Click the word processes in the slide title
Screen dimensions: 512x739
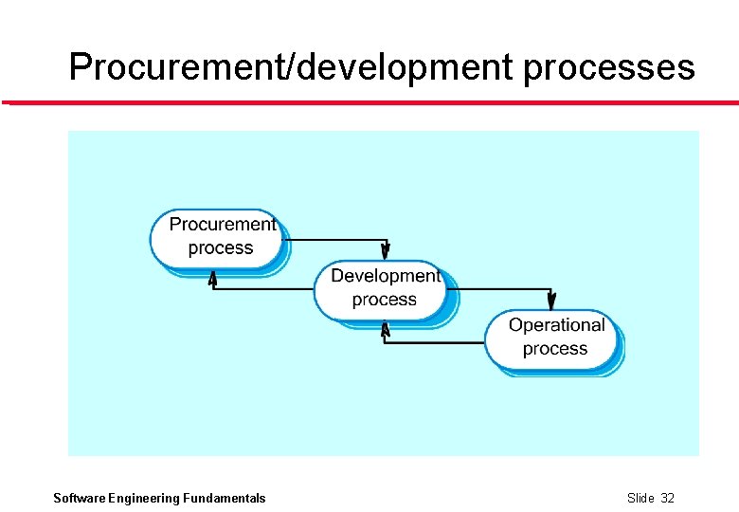tap(608, 67)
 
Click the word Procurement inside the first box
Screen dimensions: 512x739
tap(223, 225)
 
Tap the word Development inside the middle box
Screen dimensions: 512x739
tap(385, 276)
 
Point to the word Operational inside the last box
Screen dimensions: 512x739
tap(556, 325)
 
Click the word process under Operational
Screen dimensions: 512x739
tap(555, 349)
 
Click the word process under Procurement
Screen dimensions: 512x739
tap(221, 248)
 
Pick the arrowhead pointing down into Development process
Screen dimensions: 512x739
tap(386, 251)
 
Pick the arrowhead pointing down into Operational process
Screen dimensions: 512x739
tap(552, 301)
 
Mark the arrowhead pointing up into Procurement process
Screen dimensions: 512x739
tap(213, 278)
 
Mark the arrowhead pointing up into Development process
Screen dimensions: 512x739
tap(385, 329)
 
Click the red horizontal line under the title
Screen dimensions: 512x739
tap(369, 102)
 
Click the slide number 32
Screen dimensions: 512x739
tap(667, 499)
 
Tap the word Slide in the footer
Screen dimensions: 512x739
tap(640, 499)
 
